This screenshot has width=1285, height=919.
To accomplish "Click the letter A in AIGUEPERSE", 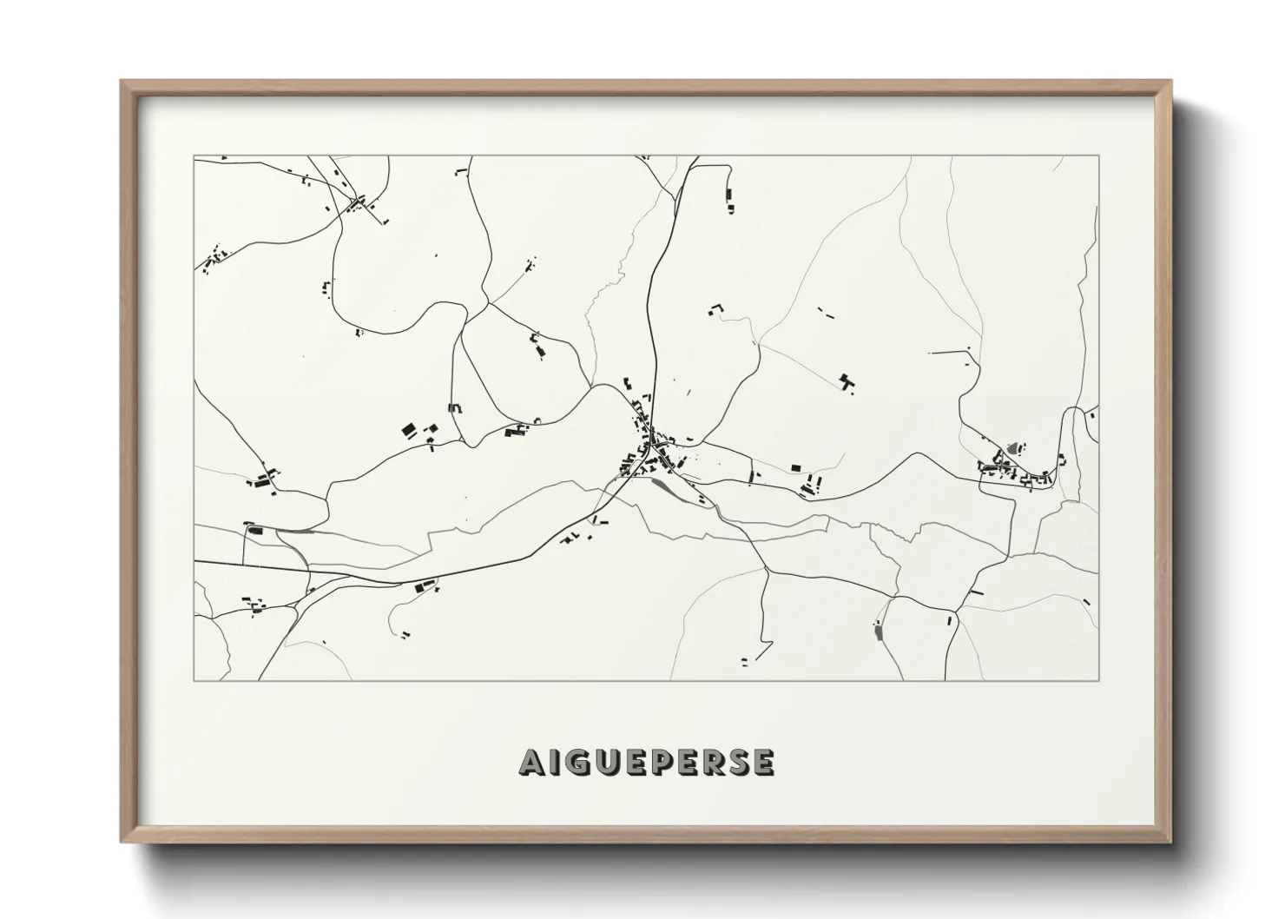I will tap(532, 763).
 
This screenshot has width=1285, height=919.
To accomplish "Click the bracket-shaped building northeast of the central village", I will tap(716, 308).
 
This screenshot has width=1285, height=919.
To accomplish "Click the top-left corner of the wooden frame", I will tap(122, 82).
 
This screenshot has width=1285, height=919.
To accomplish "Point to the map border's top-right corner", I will tap(1098, 155).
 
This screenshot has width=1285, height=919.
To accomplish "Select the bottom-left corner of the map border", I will tap(194, 680).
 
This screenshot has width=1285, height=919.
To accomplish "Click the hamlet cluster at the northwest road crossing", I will tap(356, 205).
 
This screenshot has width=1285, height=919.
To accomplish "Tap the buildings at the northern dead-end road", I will tap(729, 200).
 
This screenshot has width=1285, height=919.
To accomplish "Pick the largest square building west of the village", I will tap(407, 429).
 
